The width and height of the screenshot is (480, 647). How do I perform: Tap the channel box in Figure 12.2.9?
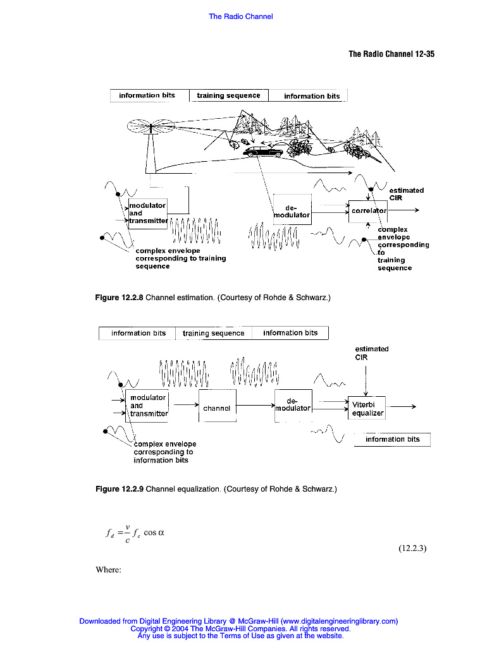[x=217, y=408]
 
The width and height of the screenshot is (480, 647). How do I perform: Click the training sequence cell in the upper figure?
[x=228, y=95]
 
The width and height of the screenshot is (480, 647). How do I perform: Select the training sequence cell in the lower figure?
[x=213, y=333]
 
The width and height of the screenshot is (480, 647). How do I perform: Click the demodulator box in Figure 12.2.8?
[x=292, y=211]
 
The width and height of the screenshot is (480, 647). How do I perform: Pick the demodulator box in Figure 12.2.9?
[x=293, y=404]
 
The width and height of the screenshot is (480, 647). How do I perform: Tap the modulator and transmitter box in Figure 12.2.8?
[x=148, y=214]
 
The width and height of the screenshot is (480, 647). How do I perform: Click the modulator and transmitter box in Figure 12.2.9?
[x=148, y=406]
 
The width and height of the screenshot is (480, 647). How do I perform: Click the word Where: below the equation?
[x=108, y=570]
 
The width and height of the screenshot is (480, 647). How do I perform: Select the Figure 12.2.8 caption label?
[x=119, y=296]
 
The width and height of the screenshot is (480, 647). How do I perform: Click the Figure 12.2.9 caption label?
[x=119, y=489]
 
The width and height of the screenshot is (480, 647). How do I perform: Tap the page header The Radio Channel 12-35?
[x=391, y=54]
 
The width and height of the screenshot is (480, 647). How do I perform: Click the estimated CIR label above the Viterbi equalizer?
[x=371, y=353]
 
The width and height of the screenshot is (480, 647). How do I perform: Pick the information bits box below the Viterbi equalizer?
[x=392, y=439]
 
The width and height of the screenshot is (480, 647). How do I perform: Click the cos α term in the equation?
[x=154, y=532]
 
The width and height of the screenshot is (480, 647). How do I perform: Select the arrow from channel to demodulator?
[x=255, y=404]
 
